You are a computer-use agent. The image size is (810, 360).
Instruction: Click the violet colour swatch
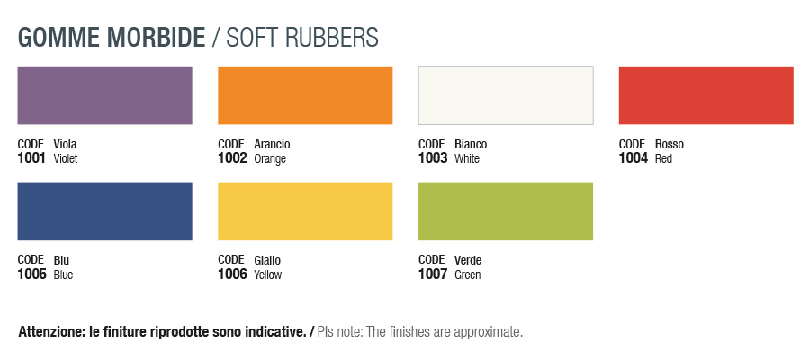tap(105, 95)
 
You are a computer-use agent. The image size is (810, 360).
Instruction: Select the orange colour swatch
tap(305, 95)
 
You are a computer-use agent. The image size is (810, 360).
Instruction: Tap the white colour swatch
tap(506, 95)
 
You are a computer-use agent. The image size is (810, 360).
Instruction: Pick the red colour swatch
tap(706, 95)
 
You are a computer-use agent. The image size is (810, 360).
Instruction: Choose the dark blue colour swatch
tap(105, 211)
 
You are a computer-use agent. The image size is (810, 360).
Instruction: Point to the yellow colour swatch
tap(305, 211)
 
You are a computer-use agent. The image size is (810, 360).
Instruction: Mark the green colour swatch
tap(506, 211)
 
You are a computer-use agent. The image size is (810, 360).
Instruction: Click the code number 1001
tap(32, 158)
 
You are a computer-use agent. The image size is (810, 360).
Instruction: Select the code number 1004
tap(634, 158)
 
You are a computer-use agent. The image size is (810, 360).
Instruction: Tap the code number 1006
tap(232, 274)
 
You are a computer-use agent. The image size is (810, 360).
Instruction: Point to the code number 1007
tap(433, 274)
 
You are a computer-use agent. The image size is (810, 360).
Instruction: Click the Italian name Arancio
tap(272, 144)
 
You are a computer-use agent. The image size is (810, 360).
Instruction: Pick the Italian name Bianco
tap(471, 144)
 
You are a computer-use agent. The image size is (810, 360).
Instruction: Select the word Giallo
tap(267, 260)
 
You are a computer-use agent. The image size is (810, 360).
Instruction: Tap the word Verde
tap(468, 260)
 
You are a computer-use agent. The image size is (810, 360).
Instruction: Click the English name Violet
tap(66, 158)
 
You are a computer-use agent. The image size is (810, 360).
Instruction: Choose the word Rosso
tap(670, 144)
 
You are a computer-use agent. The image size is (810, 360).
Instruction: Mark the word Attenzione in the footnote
tap(49, 332)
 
